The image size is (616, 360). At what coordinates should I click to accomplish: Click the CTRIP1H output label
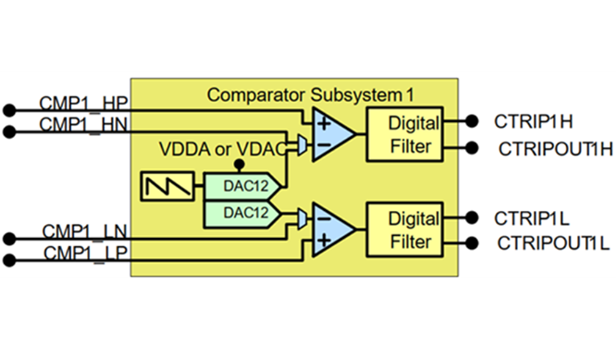coord(535,120)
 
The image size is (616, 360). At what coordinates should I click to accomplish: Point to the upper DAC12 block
coord(238,185)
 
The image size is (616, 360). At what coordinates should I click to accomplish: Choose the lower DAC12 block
coord(238,212)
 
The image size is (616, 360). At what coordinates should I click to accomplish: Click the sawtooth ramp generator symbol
coord(167,186)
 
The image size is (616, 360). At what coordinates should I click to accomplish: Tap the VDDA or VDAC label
coord(228,148)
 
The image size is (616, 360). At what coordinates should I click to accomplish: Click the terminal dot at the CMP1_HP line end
coord(9,109)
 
